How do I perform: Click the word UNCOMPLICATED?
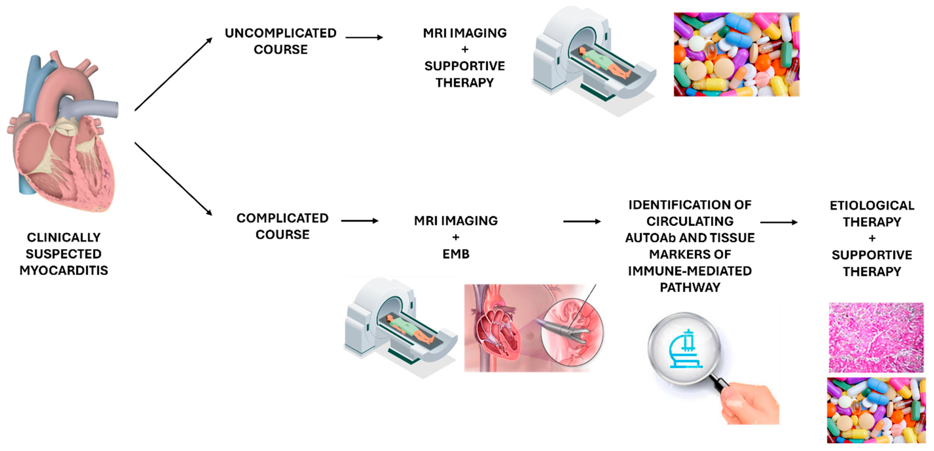(280, 33)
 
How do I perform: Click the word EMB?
(456, 254)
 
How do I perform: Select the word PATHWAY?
(690, 287)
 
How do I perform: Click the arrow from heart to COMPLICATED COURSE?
(173, 179)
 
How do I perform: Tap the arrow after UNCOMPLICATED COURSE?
(364, 37)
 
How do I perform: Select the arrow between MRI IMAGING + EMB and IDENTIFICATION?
(581, 221)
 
